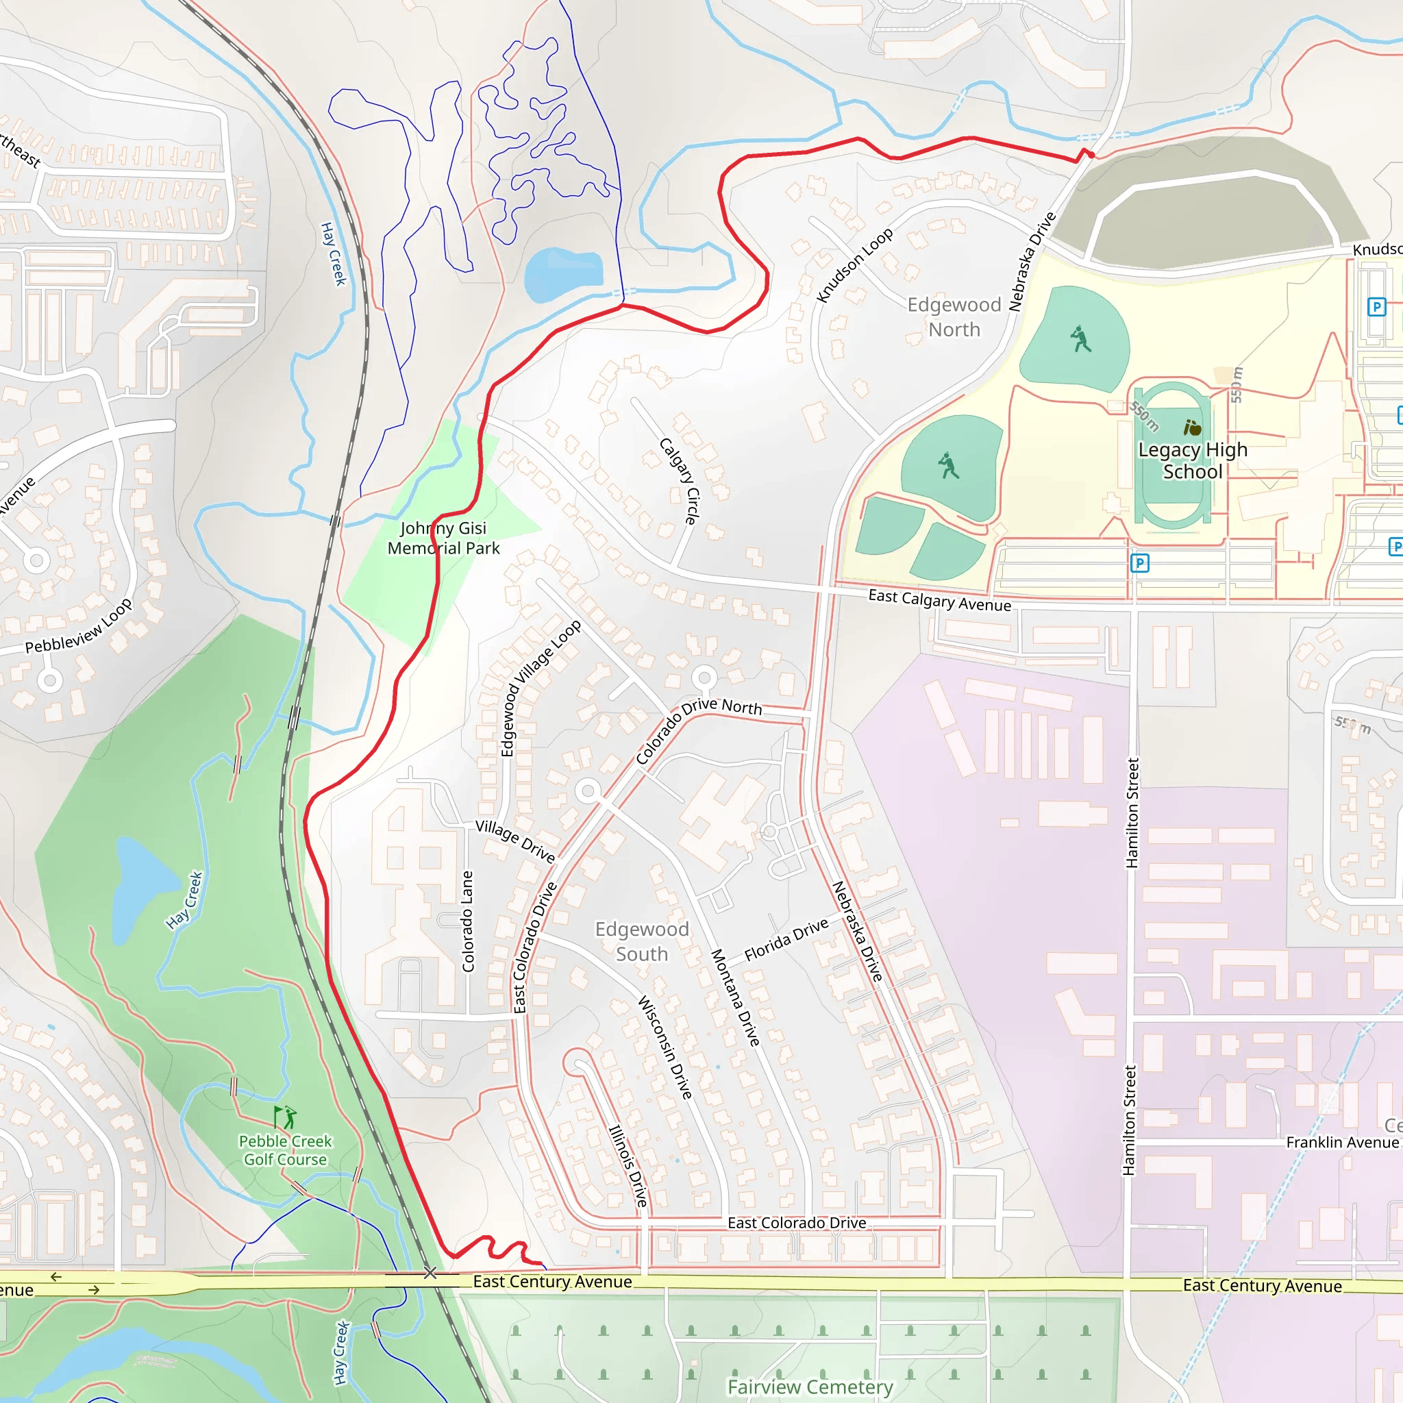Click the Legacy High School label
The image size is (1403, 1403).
1193,460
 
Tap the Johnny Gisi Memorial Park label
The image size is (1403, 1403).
443,538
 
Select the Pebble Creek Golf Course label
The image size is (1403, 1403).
286,1150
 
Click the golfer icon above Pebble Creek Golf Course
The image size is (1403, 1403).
286,1117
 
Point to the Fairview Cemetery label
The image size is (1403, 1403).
810,1387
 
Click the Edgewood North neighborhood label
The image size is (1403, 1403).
954,317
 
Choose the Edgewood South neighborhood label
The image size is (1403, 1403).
642,941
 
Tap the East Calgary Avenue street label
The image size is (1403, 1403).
940,601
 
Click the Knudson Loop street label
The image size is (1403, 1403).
854,266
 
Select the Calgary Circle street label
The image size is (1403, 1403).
680,481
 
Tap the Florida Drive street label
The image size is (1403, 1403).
786,940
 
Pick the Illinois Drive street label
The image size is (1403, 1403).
628,1165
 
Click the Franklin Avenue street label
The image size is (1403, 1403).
1341,1142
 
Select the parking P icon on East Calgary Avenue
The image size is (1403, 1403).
1139,563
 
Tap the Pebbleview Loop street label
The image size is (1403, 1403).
78,626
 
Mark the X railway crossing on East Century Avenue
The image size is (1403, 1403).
430,1273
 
